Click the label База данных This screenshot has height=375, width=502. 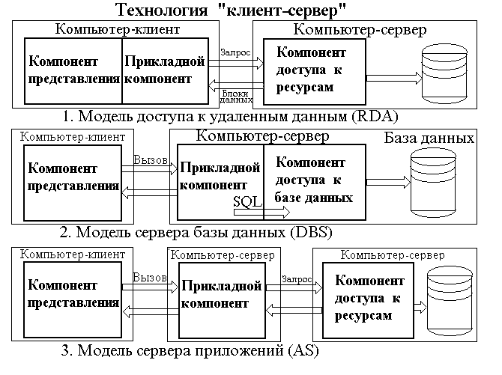[429, 138]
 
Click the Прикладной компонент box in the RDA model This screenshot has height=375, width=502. [165, 70]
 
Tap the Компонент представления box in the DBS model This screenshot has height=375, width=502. [73, 180]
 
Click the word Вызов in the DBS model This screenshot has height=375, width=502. [151, 159]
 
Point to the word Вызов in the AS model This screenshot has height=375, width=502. [150, 277]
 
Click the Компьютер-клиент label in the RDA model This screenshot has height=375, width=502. [117, 29]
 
